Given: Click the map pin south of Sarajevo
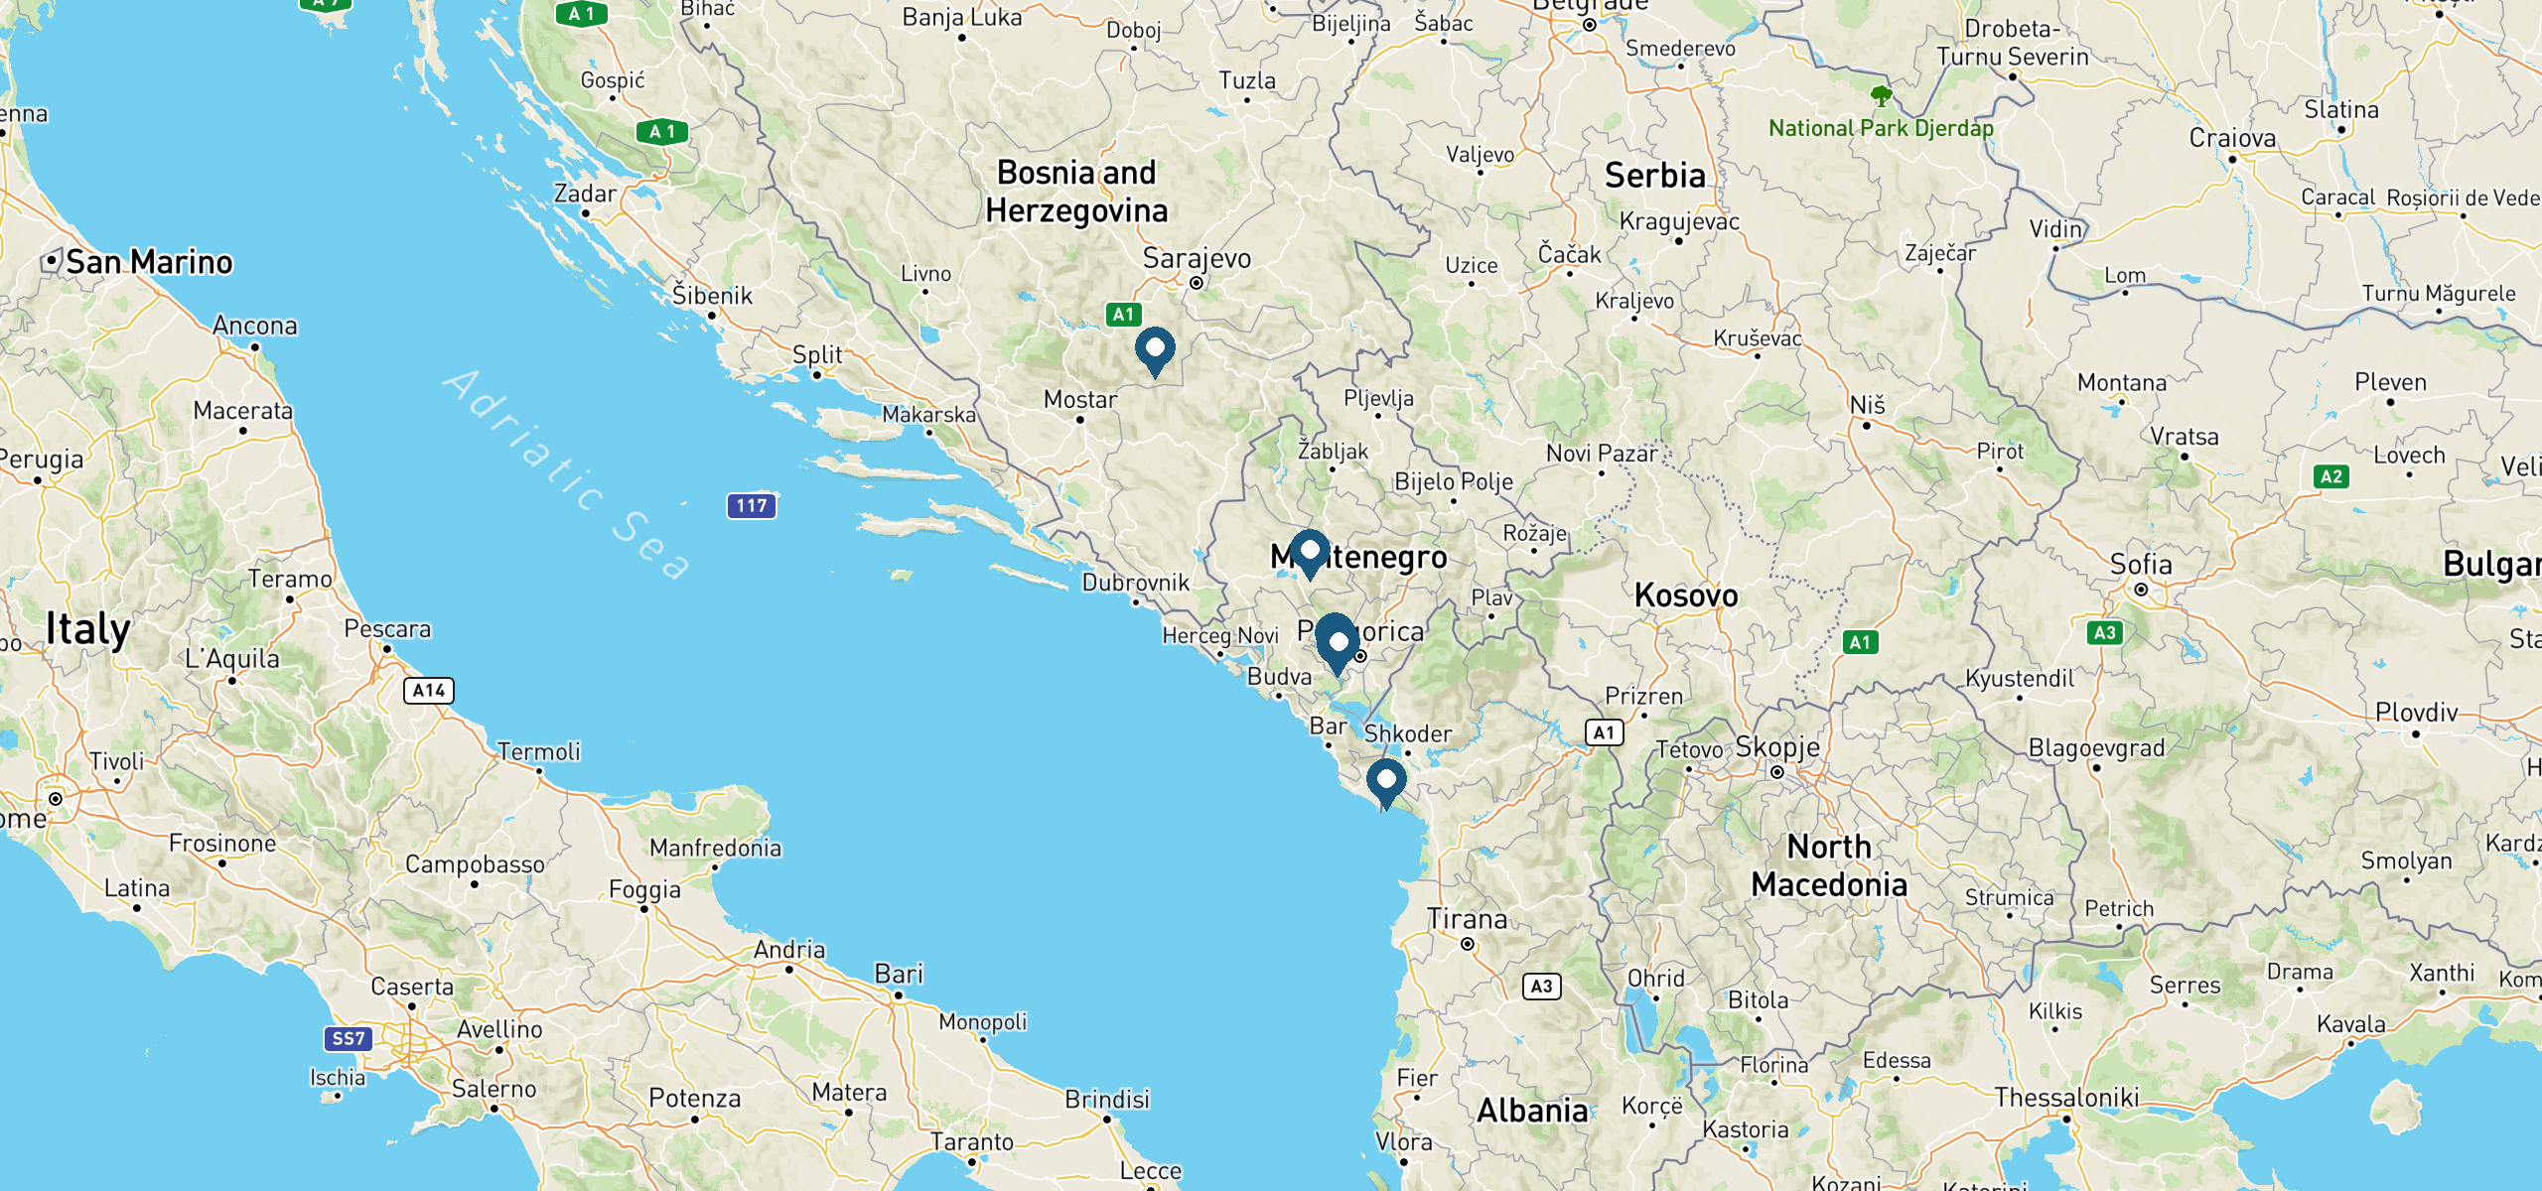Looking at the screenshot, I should (x=1155, y=349).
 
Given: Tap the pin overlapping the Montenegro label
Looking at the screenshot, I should (x=1310, y=551).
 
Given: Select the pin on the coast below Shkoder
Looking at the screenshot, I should (x=1385, y=780).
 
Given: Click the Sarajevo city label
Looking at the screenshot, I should (x=1197, y=259).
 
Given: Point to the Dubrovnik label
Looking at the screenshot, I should (x=1135, y=583).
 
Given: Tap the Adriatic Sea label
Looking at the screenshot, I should (x=567, y=474).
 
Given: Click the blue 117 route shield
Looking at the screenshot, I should (x=752, y=506).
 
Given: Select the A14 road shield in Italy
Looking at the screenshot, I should (x=429, y=691).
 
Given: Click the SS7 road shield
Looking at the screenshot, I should (x=348, y=1039).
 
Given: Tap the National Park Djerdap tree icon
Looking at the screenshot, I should (x=1881, y=96).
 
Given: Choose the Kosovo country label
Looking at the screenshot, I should (x=1686, y=595).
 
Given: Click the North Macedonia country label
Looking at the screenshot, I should (x=1829, y=865).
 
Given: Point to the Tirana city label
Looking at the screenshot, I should (x=1467, y=919).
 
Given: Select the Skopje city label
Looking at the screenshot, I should (x=1777, y=747).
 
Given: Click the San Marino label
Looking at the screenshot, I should (x=149, y=262).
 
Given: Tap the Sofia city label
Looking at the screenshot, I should (x=2141, y=565).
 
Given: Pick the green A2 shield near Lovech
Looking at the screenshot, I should (x=2330, y=477).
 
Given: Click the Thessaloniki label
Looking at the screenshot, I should (x=2066, y=1098).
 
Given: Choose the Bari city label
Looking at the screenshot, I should (x=899, y=974).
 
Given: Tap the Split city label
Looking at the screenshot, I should (x=817, y=355).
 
